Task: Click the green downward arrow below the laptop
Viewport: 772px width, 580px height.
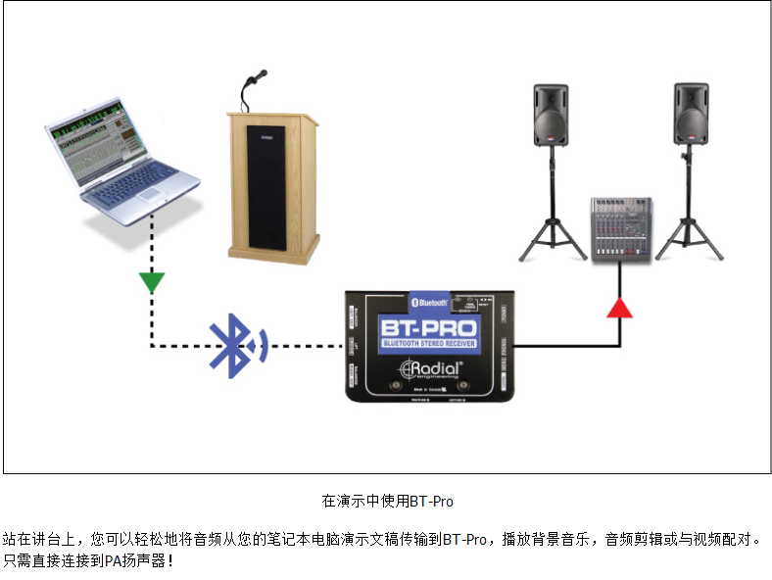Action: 151,283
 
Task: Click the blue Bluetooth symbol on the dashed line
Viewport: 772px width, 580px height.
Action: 233,345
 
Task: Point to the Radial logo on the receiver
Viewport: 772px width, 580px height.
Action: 430,369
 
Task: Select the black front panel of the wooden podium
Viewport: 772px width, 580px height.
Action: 265,186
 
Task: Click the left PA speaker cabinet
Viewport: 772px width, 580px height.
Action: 551,115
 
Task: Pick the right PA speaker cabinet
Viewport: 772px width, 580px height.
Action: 691,115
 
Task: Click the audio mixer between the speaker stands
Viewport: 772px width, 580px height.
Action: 620,228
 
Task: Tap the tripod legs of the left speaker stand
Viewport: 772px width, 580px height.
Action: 552,240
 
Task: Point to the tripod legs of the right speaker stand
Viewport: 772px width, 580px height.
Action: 690,240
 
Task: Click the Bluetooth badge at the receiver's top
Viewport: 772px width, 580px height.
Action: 427,303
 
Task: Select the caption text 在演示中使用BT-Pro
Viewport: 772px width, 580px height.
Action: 387,501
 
